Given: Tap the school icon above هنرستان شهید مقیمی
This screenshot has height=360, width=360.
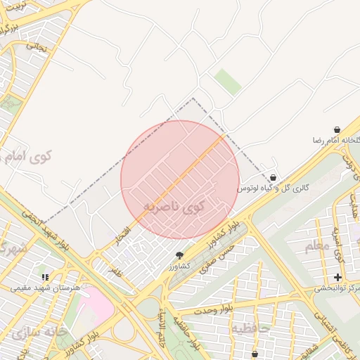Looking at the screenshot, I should coord(46,278).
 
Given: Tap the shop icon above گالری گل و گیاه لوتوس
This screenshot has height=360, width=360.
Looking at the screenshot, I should coord(273,177).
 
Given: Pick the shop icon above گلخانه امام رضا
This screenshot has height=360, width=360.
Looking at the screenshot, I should coord(337,130).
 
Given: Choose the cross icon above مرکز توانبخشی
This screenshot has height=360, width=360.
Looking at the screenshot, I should coord(338,278).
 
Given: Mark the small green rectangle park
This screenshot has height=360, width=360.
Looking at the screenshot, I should coord(227,82).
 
